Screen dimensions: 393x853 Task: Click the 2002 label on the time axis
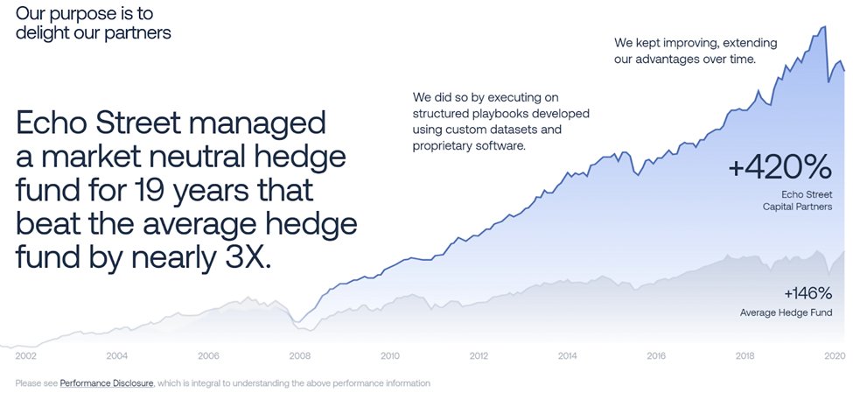click(25, 355)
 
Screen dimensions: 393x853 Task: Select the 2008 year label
click(300, 355)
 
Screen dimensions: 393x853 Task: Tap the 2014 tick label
click(567, 355)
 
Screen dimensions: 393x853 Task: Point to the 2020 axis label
click(834, 355)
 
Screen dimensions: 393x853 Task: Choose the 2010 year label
click(389, 355)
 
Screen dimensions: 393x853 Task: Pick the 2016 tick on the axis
click(656, 355)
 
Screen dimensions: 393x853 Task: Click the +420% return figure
click(780, 166)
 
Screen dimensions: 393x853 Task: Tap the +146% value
click(808, 293)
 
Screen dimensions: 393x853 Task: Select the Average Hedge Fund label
click(786, 312)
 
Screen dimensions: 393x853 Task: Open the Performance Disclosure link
click(107, 382)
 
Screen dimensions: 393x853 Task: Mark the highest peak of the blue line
click(824, 27)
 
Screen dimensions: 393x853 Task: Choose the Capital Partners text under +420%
click(795, 207)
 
